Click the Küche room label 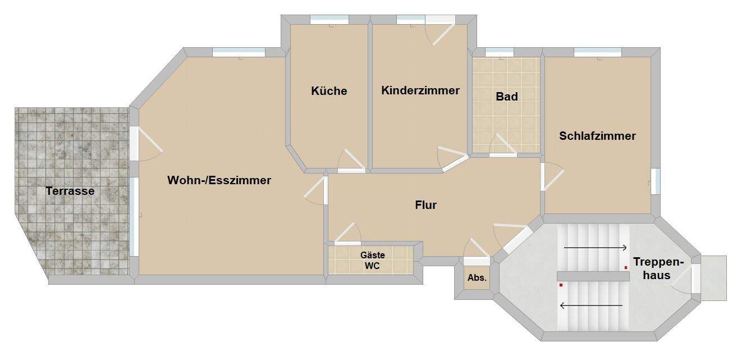click(329, 91)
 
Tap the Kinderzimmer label click(420, 90)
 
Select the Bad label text click(506, 97)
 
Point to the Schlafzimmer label click(597, 136)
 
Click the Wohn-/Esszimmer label click(219, 180)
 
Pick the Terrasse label click(70, 191)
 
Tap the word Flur click(425, 205)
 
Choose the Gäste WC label click(372, 261)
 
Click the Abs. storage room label click(477, 278)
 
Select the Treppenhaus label click(659, 268)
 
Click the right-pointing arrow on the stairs click(596, 248)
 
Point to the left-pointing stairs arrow click(592, 306)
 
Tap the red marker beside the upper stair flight click(626, 267)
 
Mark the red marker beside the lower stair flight click(560, 285)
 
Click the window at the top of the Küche click(329, 20)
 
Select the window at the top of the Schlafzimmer click(597, 52)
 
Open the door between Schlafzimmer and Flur click(551, 177)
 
